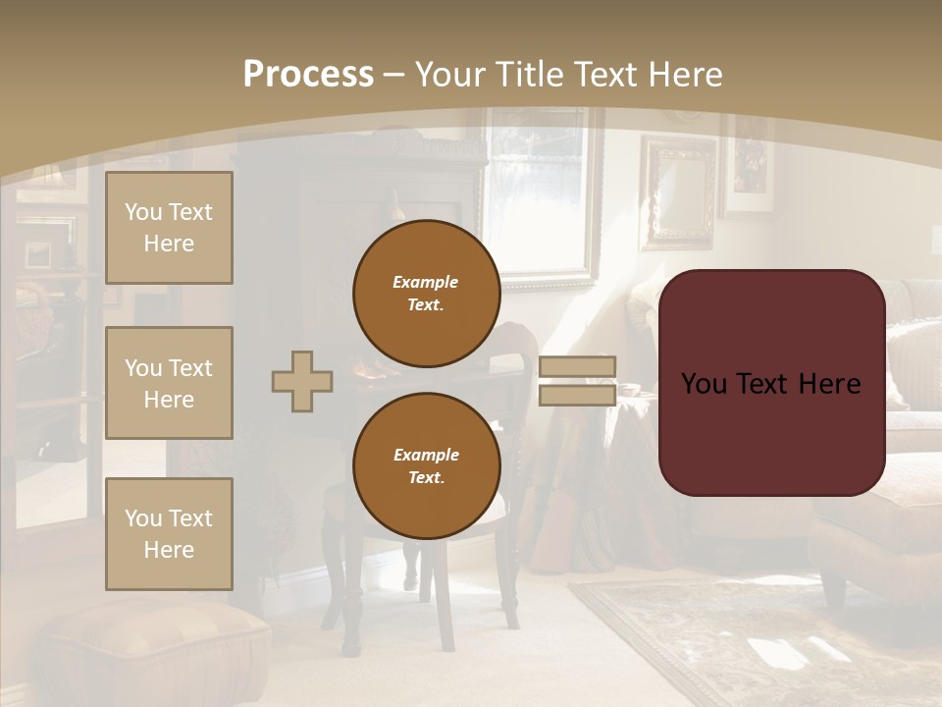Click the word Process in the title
tap(308, 75)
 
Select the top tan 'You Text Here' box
tap(169, 228)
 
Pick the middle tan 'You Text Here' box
tap(169, 383)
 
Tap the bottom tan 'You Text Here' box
tap(169, 533)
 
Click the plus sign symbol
tap(302, 381)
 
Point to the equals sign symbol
tap(577, 381)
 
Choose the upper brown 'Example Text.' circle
tap(426, 294)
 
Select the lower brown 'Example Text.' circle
tap(426, 466)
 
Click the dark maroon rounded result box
tap(771, 383)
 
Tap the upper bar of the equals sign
tap(577, 366)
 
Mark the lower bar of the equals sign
tap(577, 396)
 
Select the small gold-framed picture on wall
tap(679, 191)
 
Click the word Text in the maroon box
tap(771, 383)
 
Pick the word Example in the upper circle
tap(426, 282)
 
